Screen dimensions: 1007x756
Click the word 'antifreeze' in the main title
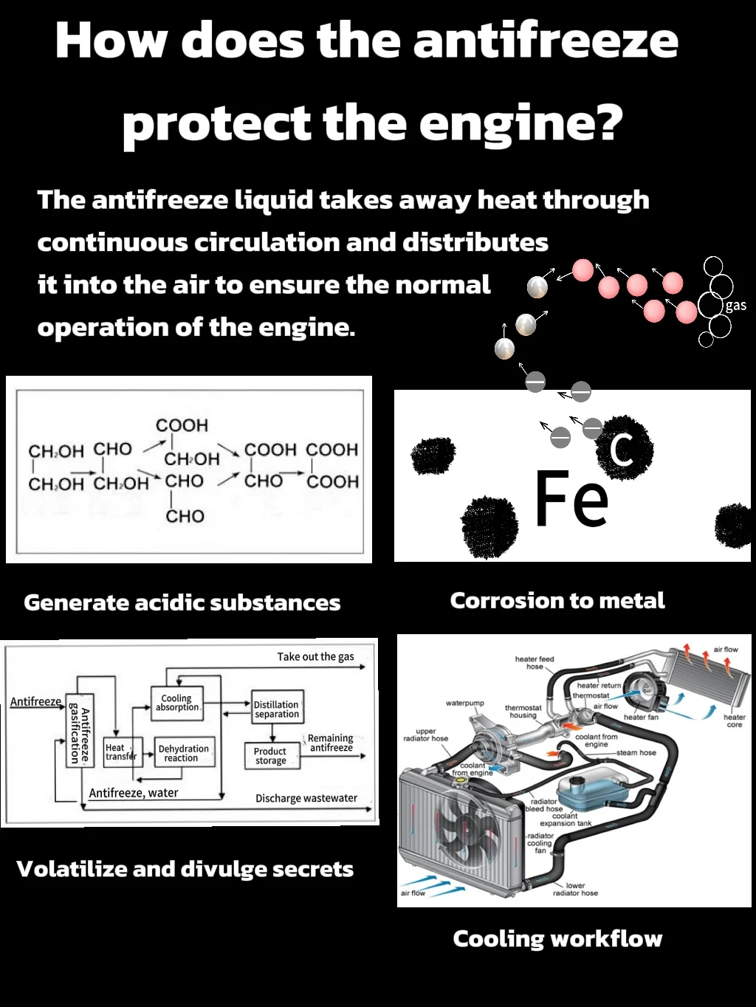546,41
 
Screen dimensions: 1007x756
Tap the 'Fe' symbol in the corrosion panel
571,500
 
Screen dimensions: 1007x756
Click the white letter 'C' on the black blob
622,447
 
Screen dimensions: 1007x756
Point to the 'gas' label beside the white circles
735,306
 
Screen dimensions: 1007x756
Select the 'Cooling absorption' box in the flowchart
176,703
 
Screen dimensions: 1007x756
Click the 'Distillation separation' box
276,709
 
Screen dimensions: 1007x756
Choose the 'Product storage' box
271,756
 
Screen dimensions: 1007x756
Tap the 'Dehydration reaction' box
184,753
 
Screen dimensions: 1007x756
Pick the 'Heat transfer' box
120,752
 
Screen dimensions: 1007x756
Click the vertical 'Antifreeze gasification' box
80,731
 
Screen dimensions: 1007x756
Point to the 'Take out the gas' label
315,656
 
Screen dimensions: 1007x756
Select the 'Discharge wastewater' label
306,798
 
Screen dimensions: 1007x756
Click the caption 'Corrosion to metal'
557,601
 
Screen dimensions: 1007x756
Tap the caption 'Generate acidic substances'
182,602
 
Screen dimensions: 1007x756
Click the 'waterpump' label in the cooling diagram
464,703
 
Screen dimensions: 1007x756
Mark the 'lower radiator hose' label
575,889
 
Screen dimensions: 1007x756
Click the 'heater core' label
734,721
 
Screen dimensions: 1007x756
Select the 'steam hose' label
636,752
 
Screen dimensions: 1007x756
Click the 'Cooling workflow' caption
557,938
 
